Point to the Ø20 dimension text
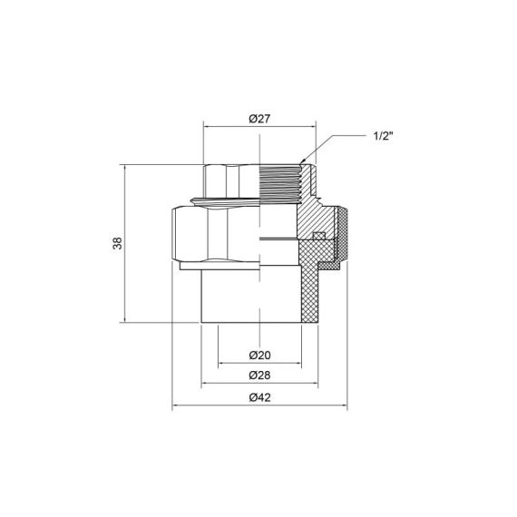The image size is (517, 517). pos(259,355)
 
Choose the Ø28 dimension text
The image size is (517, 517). pos(259,375)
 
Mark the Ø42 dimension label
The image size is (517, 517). pos(259,396)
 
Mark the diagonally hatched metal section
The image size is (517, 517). pos(317,213)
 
